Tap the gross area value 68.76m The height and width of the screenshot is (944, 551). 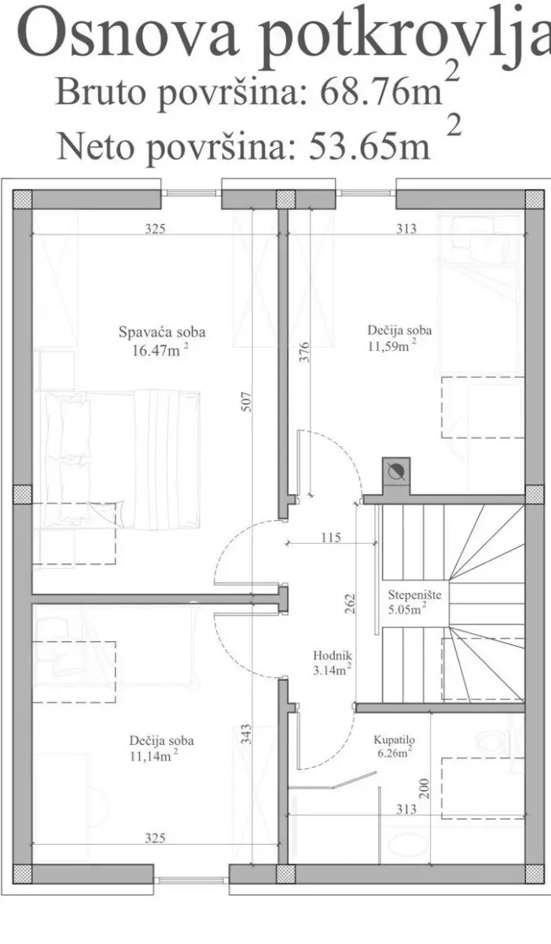pyautogui.click(x=381, y=92)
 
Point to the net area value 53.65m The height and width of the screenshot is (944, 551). pyautogui.click(x=370, y=146)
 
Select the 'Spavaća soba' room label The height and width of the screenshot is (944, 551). pyautogui.click(x=162, y=332)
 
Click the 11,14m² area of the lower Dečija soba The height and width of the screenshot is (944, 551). pyautogui.click(x=153, y=756)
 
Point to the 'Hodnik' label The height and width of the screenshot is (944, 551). pyautogui.click(x=332, y=655)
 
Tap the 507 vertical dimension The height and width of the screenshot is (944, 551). pyautogui.click(x=248, y=402)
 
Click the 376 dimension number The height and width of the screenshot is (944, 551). pyautogui.click(x=304, y=352)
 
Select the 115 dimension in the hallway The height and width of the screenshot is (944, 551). pyautogui.click(x=331, y=537)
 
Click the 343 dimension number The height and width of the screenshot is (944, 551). pyautogui.click(x=247, y=734)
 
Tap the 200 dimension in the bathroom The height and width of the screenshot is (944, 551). pyautogui.click(x=424, y=789)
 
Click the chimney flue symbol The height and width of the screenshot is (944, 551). pyautogui.click(x=396, y=471)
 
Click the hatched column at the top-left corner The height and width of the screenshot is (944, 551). pyautogui.click(x=22, y=199)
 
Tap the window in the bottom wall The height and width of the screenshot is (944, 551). pyautogui.click(x=191, y=879)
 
